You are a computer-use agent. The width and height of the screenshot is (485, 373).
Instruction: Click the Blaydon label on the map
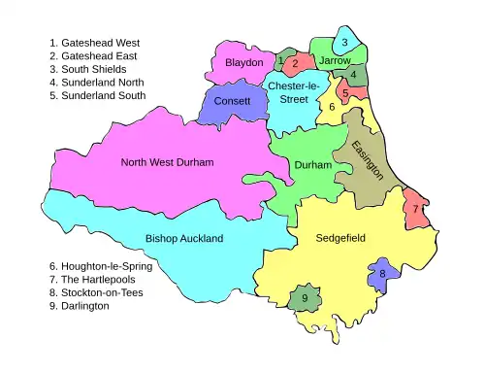(243, 62)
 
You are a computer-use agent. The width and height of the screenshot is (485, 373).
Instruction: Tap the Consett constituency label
(232, 101)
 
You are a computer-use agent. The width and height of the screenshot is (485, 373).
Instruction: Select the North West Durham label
(167, 161)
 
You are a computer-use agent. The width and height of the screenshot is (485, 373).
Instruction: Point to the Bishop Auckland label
(184, 238)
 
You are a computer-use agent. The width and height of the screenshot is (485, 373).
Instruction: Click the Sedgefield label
(340, 237)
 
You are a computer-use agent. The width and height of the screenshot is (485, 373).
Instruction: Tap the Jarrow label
(335, 60)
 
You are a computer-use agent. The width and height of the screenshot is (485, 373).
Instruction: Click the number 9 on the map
(305, 297)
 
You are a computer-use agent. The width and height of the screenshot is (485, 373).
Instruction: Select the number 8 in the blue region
(382, 274)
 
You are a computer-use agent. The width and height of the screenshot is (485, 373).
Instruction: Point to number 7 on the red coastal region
(415, 209)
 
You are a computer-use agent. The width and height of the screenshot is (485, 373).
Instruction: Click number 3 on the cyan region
(344, 43)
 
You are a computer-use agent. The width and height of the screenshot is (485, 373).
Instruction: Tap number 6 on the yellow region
(332, 107)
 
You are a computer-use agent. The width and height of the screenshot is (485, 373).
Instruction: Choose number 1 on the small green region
(280, 60)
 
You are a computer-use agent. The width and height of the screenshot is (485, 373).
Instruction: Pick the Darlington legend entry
(79, 306)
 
